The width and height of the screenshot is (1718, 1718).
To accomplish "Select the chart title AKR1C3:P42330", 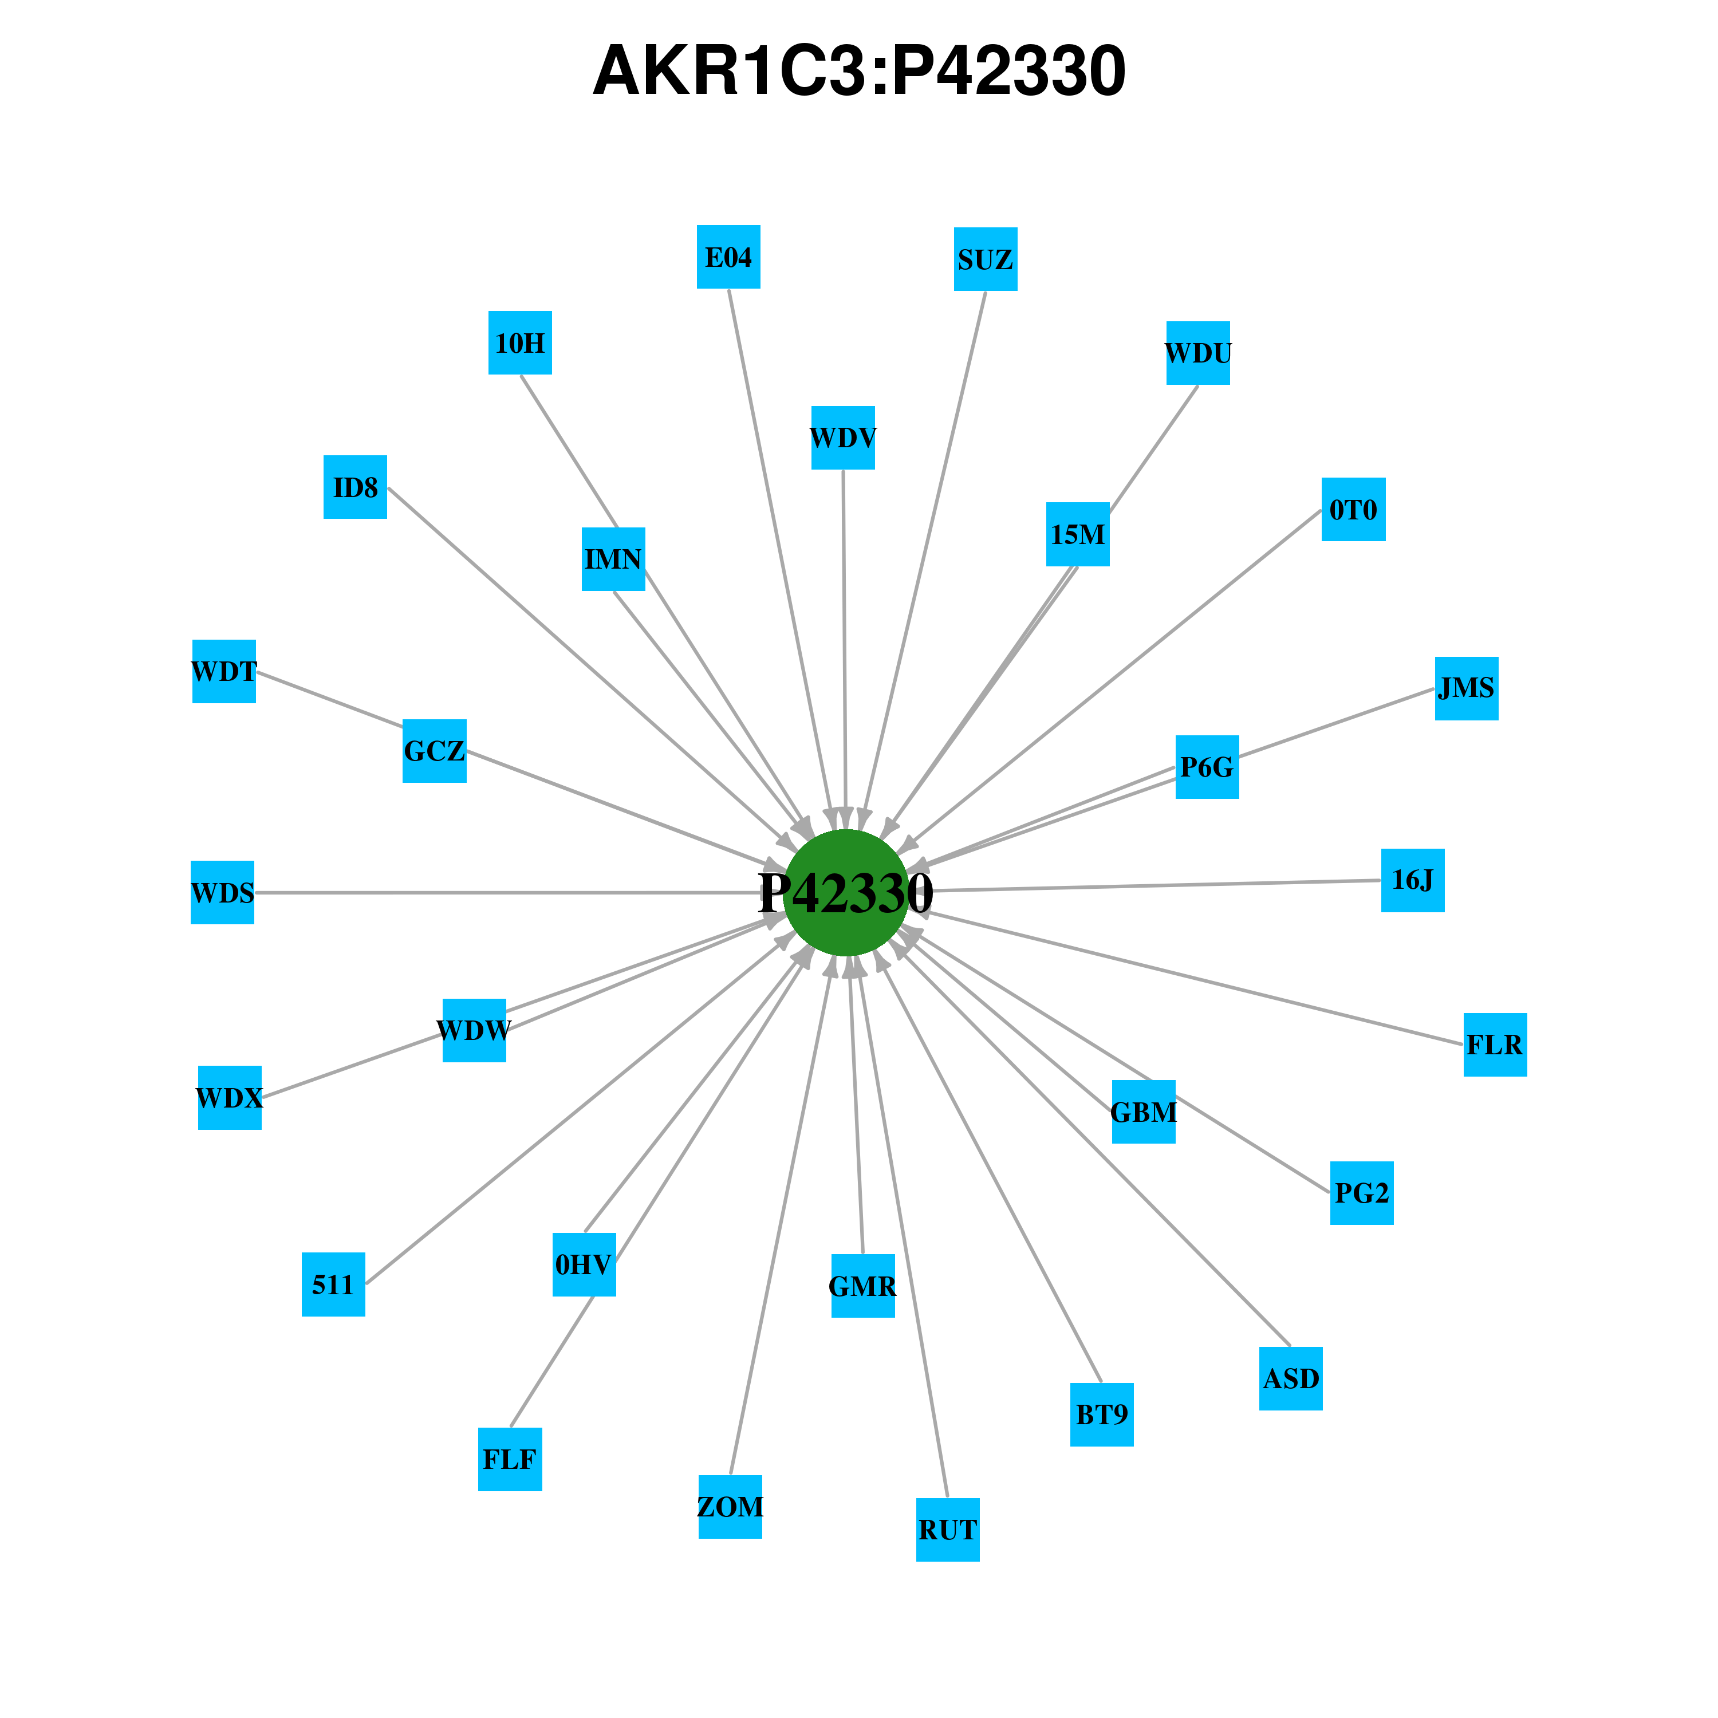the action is click(x=859, y=71).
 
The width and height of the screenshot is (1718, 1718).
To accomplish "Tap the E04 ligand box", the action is click(x=728, y=257).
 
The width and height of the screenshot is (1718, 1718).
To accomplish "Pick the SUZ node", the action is click(x=985, y=259).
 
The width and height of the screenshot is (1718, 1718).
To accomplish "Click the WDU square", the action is click(x=1198, y=353).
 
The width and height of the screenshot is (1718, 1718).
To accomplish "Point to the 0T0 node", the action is click(x=1353, y=510).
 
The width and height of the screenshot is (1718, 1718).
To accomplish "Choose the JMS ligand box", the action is click(x=1467, y=688).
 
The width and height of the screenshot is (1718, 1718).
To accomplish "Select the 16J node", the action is click(x=1412, y=880).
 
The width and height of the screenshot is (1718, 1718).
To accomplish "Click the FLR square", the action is click(x=1495, y=1045).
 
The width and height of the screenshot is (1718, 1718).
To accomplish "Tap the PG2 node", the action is click(x=1361, y=1192).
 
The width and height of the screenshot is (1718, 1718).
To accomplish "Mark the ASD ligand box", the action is click(x=1290, y=1378).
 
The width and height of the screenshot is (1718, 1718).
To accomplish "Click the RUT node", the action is click(x=948, y=1530).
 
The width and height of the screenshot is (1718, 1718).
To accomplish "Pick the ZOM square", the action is click(x=730, y=1506).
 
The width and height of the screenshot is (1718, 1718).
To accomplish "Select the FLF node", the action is click(x=510, y=1459).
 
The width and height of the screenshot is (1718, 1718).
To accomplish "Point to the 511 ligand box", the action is click(x=333, y=1284).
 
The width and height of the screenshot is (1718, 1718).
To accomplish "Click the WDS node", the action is click(x=222, y=892).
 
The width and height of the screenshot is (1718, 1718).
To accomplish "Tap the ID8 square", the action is click(x=355, y=486).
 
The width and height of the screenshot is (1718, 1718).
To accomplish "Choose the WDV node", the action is click(x=843, y=438).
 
